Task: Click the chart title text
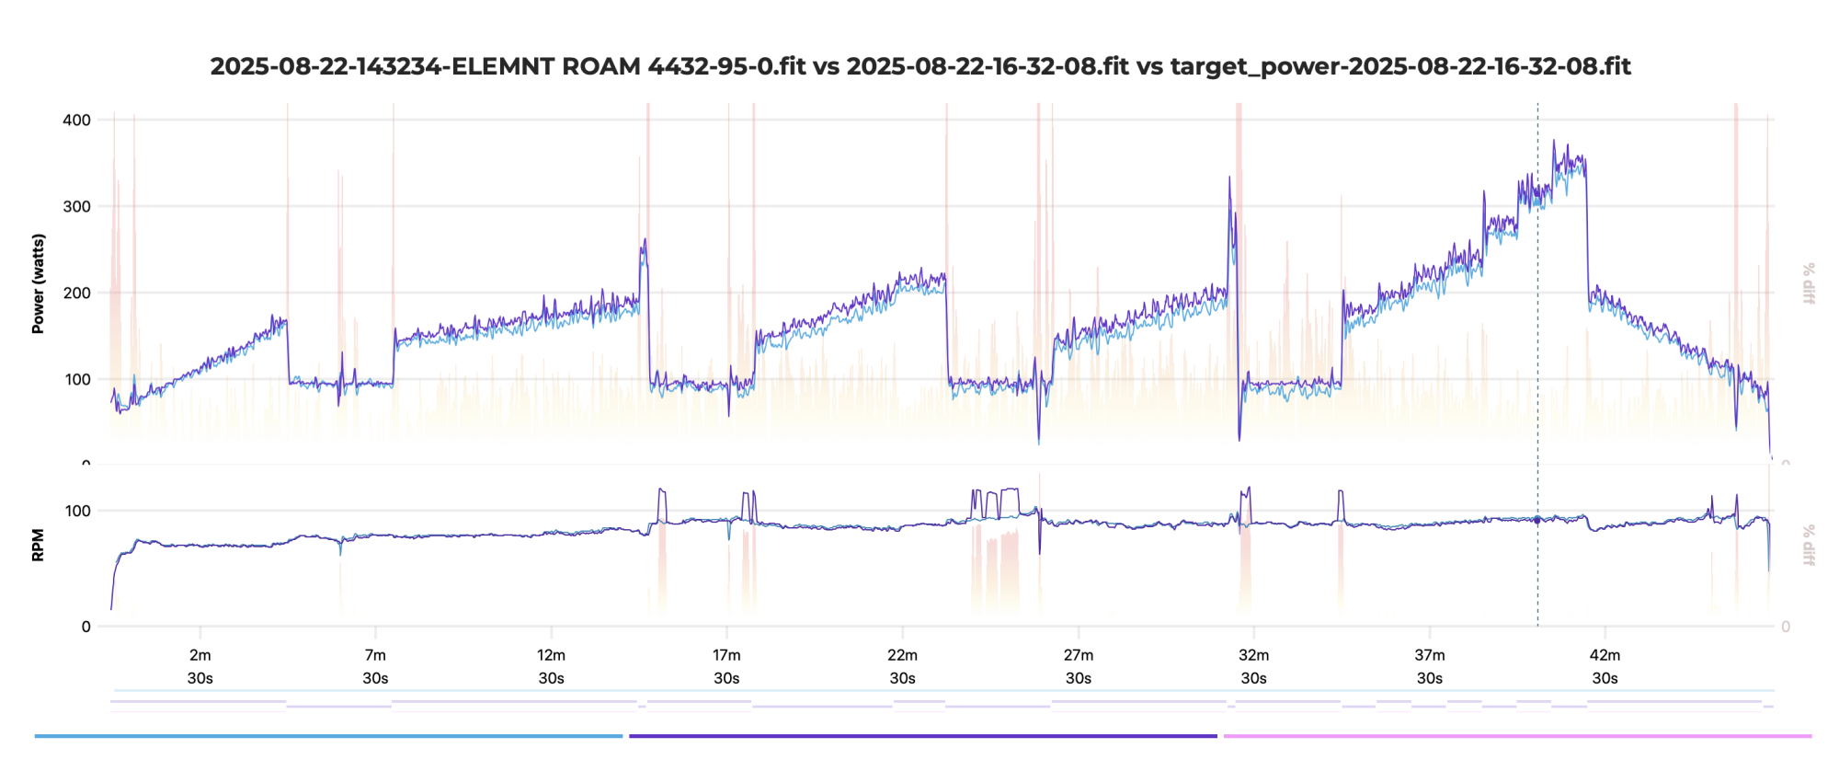point(920,66)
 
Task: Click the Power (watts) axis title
point(38,283)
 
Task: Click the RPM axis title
point(38,545)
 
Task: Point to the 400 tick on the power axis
point(77,120)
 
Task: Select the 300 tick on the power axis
point(77,206)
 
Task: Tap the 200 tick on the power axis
point(77,293)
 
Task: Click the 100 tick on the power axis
point(77,379)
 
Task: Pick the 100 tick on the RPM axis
point(77,511)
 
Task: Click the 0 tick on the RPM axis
point(86,627)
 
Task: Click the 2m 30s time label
point(200,666)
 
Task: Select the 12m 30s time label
point(551,666)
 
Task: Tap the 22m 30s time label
point(902,666)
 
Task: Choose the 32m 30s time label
point(1253,666)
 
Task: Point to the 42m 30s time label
point(1605,666)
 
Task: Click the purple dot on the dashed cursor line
point(1537,520)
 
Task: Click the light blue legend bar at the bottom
point(328,736)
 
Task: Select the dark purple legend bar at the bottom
point(922,736)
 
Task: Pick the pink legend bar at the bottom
point(1517,736)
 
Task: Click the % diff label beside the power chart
point(1809,283)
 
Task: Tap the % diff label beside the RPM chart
point(1809,545)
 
